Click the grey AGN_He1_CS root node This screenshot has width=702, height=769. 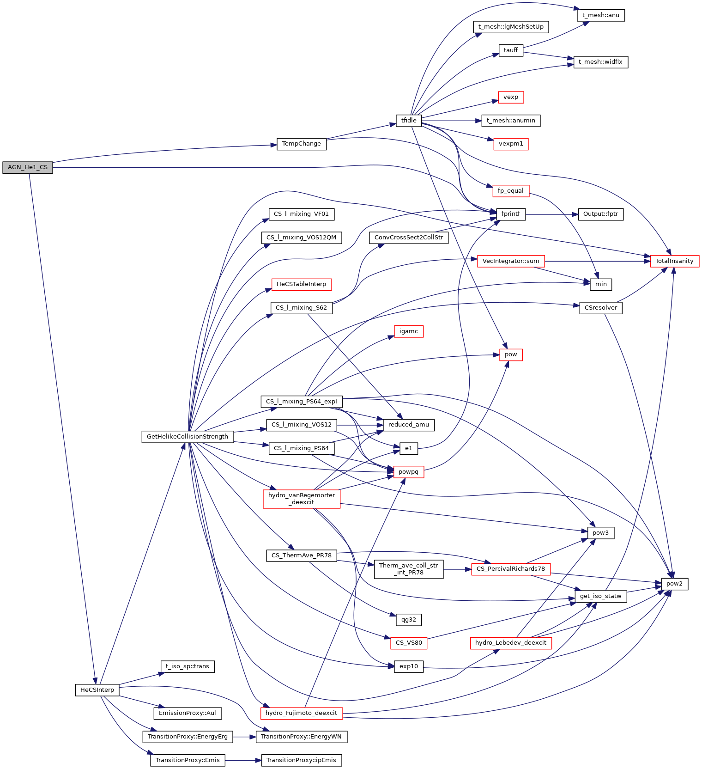pos(28,167)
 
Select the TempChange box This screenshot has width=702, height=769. pos(302,144)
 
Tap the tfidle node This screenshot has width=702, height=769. pos(409,121)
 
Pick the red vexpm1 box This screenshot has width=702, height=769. pos(511,144)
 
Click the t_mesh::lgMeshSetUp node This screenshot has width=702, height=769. pos(511,27)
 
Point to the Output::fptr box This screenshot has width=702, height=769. pos(600,214)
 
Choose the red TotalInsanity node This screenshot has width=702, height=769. pos(674,261)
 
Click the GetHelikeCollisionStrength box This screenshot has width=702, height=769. pos(188,437)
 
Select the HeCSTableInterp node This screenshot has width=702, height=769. pos(301,284)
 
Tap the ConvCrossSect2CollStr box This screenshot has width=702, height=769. pos(409,238)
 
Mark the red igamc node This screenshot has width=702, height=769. pos(409,331)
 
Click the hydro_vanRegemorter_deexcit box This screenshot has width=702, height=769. pos(302,499)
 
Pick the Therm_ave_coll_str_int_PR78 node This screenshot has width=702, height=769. pos(409,569)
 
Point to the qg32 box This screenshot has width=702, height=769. pos(409,620)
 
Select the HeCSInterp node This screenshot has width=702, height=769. pos(97,690)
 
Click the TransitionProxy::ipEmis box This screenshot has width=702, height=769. pos(301,760)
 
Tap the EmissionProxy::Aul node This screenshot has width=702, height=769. pos(188,713)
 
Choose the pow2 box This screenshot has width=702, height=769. pos(674,584)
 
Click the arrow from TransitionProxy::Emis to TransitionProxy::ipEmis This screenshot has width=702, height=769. pos(243,760)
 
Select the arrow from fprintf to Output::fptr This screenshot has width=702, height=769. pos(552,214)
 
